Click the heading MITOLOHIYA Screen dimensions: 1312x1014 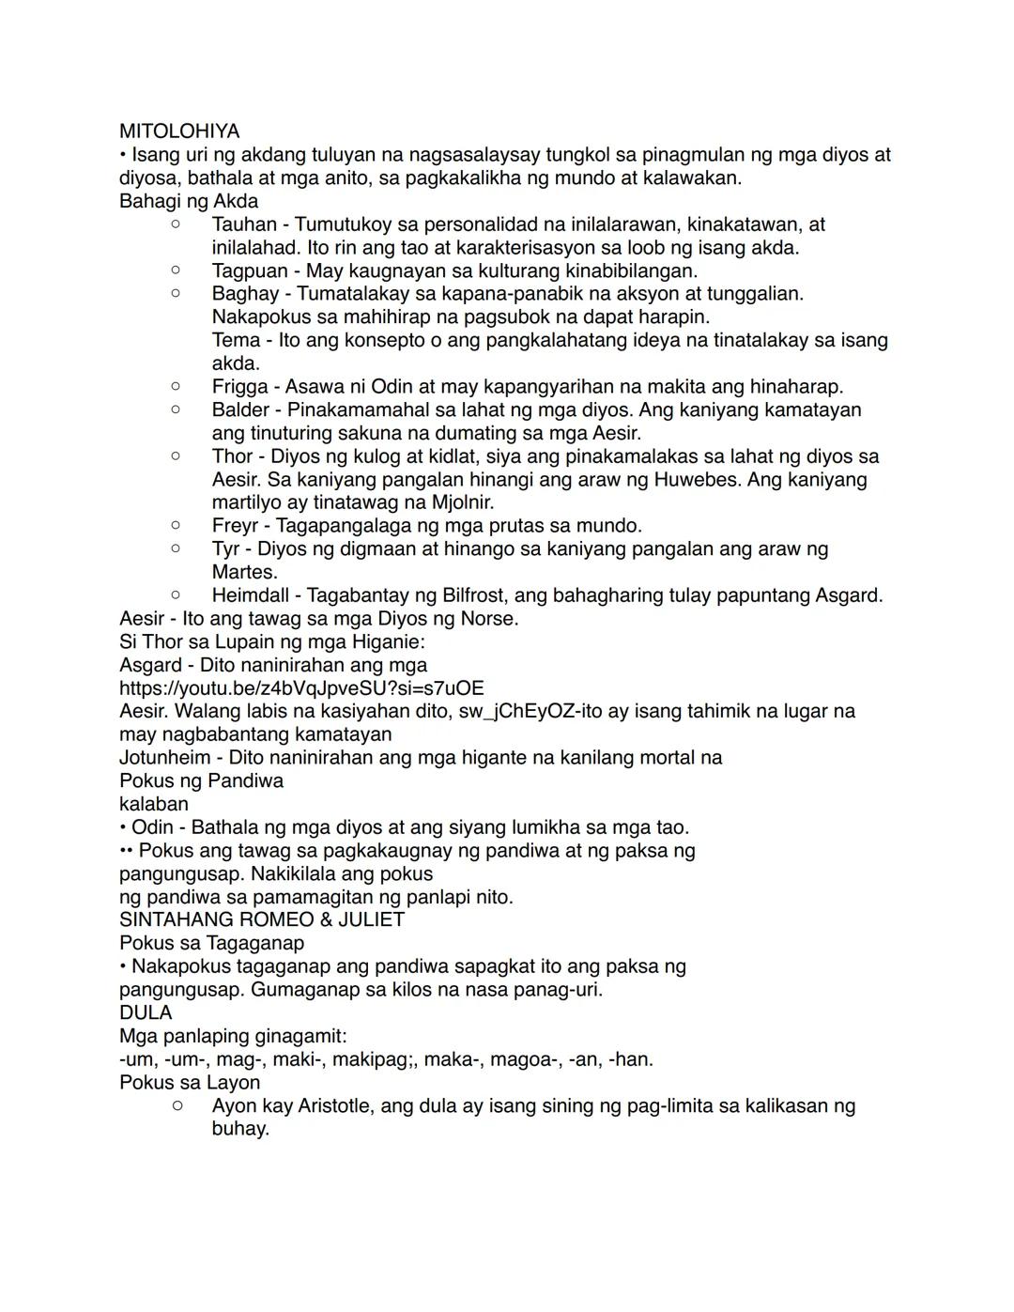tap(179, 131)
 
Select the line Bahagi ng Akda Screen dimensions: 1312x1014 tap(189, 201)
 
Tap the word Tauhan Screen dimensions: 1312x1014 tap(244, 224)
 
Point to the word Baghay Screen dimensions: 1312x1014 tap(245, 294)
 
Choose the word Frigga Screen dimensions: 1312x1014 tap(239, 387)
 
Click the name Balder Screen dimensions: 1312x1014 tap(240, 409)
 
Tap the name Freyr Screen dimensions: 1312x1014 tap(235, 526)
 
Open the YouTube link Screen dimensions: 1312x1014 tap(301, 688)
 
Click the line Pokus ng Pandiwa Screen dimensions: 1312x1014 tap(201, 780)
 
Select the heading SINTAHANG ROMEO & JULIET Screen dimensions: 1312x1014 tap(262, 919)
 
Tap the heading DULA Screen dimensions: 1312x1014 tap(146, 1012)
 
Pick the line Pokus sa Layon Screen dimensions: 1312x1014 tap(190, 1082)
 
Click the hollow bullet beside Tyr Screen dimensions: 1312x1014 tap(176, 548)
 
